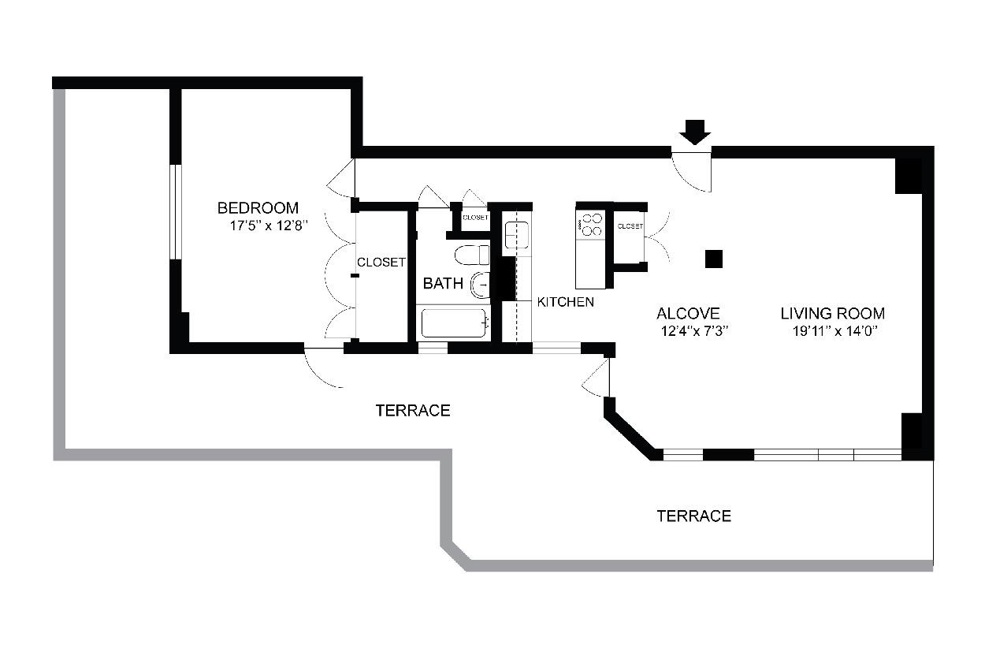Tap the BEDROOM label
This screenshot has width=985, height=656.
[258, 208]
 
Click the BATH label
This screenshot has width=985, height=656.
[443, 284]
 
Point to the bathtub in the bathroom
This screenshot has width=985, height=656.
[454, 323]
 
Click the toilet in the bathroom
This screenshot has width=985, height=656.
[473, 255]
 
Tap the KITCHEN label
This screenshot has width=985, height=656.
[565, 302]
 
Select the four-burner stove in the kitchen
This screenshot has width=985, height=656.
[590, 224]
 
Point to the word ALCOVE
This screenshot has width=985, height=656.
[688, 314]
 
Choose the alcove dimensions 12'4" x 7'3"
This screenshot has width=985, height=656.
[692, 331]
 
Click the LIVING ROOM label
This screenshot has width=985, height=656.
[832, 314]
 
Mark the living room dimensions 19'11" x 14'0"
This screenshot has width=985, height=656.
[835, 331]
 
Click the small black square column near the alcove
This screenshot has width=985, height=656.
[714, 259]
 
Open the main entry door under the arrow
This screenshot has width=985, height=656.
[693, 170]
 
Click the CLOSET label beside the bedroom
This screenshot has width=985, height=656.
[381, 263]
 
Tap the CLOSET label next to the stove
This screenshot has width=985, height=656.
[630, 226]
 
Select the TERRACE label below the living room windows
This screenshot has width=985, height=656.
[693, 516]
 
